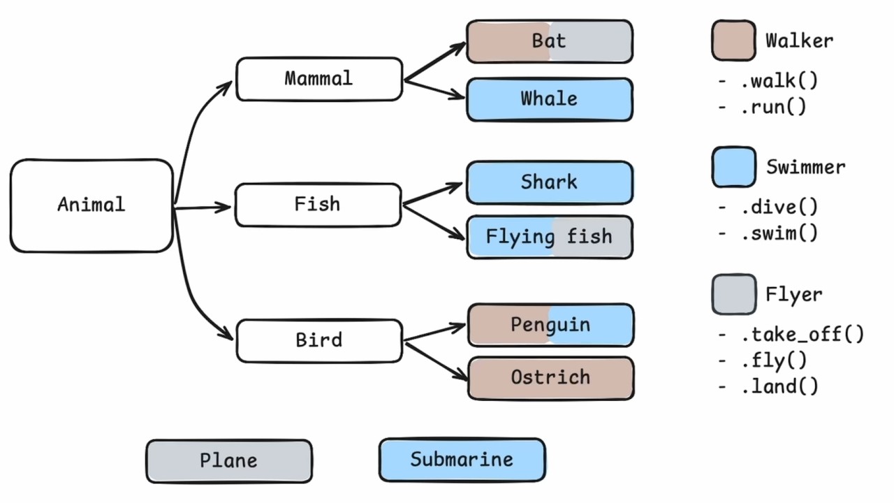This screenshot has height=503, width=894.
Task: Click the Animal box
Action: coord(91,205)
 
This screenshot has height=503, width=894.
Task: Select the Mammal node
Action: coord(319,79)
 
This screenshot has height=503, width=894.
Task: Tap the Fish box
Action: coord(318,205)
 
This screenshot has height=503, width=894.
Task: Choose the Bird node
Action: coord(319,341)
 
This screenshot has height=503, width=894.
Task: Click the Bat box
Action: coord(550,41)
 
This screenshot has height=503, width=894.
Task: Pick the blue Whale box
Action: coord(550,99)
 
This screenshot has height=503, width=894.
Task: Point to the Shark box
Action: coord(550,183)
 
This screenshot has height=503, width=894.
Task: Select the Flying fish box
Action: coord(550,238)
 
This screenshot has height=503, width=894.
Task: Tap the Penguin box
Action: coord(550,325)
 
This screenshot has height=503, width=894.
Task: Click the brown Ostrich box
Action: coord(550,378)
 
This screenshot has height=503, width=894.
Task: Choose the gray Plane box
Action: coord(229,461)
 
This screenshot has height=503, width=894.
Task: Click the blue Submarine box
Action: coord(462,460)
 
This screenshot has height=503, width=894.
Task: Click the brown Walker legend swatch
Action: coord(733,41)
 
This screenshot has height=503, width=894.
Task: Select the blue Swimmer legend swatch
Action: coord(733,167)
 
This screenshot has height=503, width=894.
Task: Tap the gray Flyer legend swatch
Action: coord(733,294)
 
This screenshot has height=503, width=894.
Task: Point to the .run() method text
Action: coord(773,107)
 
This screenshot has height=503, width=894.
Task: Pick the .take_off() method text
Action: coord(802,334)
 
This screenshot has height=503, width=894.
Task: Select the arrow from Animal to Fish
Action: coord(203,207)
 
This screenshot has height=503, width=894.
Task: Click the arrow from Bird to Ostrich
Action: coord(437,360)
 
